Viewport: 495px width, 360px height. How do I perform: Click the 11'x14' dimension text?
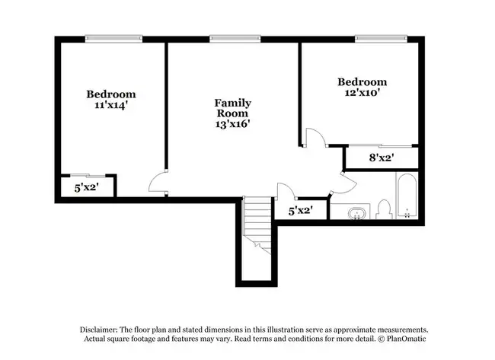111,105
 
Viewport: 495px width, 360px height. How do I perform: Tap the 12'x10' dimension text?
362,93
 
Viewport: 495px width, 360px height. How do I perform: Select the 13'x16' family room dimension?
233,124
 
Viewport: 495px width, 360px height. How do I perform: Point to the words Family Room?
233,108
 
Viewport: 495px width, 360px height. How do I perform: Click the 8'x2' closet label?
382,158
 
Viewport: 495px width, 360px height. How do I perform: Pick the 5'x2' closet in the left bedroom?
87,187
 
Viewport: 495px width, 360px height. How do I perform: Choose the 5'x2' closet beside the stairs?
301,211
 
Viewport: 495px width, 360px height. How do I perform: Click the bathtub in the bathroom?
407,196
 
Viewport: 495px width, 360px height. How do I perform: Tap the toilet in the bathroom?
384,209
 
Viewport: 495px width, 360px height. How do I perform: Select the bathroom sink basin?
357,213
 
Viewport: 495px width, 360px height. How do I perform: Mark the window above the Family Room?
235,39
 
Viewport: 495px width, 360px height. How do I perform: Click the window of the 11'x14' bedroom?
113,39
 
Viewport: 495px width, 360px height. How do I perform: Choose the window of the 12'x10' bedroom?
381,39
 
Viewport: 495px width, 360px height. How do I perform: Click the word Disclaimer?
99,330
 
